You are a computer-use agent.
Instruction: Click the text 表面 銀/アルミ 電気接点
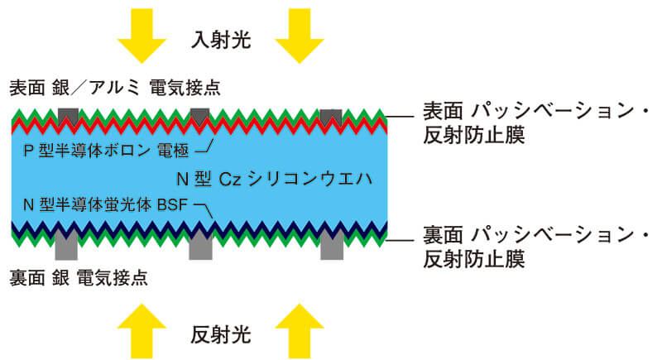(115, 87)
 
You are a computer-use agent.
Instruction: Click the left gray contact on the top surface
(68, 117)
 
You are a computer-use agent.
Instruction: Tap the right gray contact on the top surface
(330, 117)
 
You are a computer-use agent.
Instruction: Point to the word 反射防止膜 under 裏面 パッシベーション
(473, 260)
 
